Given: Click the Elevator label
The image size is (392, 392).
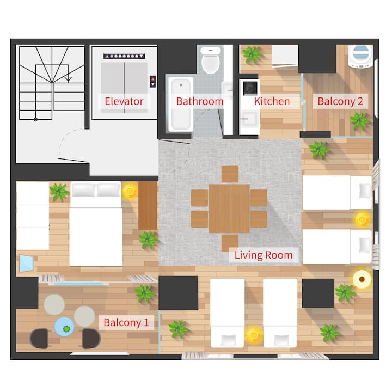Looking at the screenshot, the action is pos(124,101).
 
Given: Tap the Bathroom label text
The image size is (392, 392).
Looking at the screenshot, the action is pos(200,101).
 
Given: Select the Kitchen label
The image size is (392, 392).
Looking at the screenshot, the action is pos(272,101).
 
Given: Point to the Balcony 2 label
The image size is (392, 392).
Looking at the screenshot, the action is pos(340,101).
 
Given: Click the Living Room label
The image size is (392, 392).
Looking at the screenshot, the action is pos(264,255).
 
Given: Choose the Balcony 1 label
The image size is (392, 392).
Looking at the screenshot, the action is pos(126,322).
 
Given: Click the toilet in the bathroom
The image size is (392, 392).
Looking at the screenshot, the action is pos(211,60).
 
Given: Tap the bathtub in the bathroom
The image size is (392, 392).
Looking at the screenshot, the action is pos(181,104).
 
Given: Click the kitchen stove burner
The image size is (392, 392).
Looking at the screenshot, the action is pos(250,88).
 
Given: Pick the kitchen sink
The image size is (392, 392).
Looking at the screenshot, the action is pos(249,119).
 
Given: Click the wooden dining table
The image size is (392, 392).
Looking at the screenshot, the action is pos(229,209).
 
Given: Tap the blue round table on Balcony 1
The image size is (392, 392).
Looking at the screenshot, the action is pos(64,327).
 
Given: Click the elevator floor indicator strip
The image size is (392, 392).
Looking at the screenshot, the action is pos(124,56).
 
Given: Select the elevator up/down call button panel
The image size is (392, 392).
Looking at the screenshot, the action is pos(153,82).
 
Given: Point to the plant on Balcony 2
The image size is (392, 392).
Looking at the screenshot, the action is pos(359,121).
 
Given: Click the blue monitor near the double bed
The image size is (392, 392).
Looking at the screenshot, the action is pos(27,264).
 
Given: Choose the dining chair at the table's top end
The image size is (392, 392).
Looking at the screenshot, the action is pos(230,174).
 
